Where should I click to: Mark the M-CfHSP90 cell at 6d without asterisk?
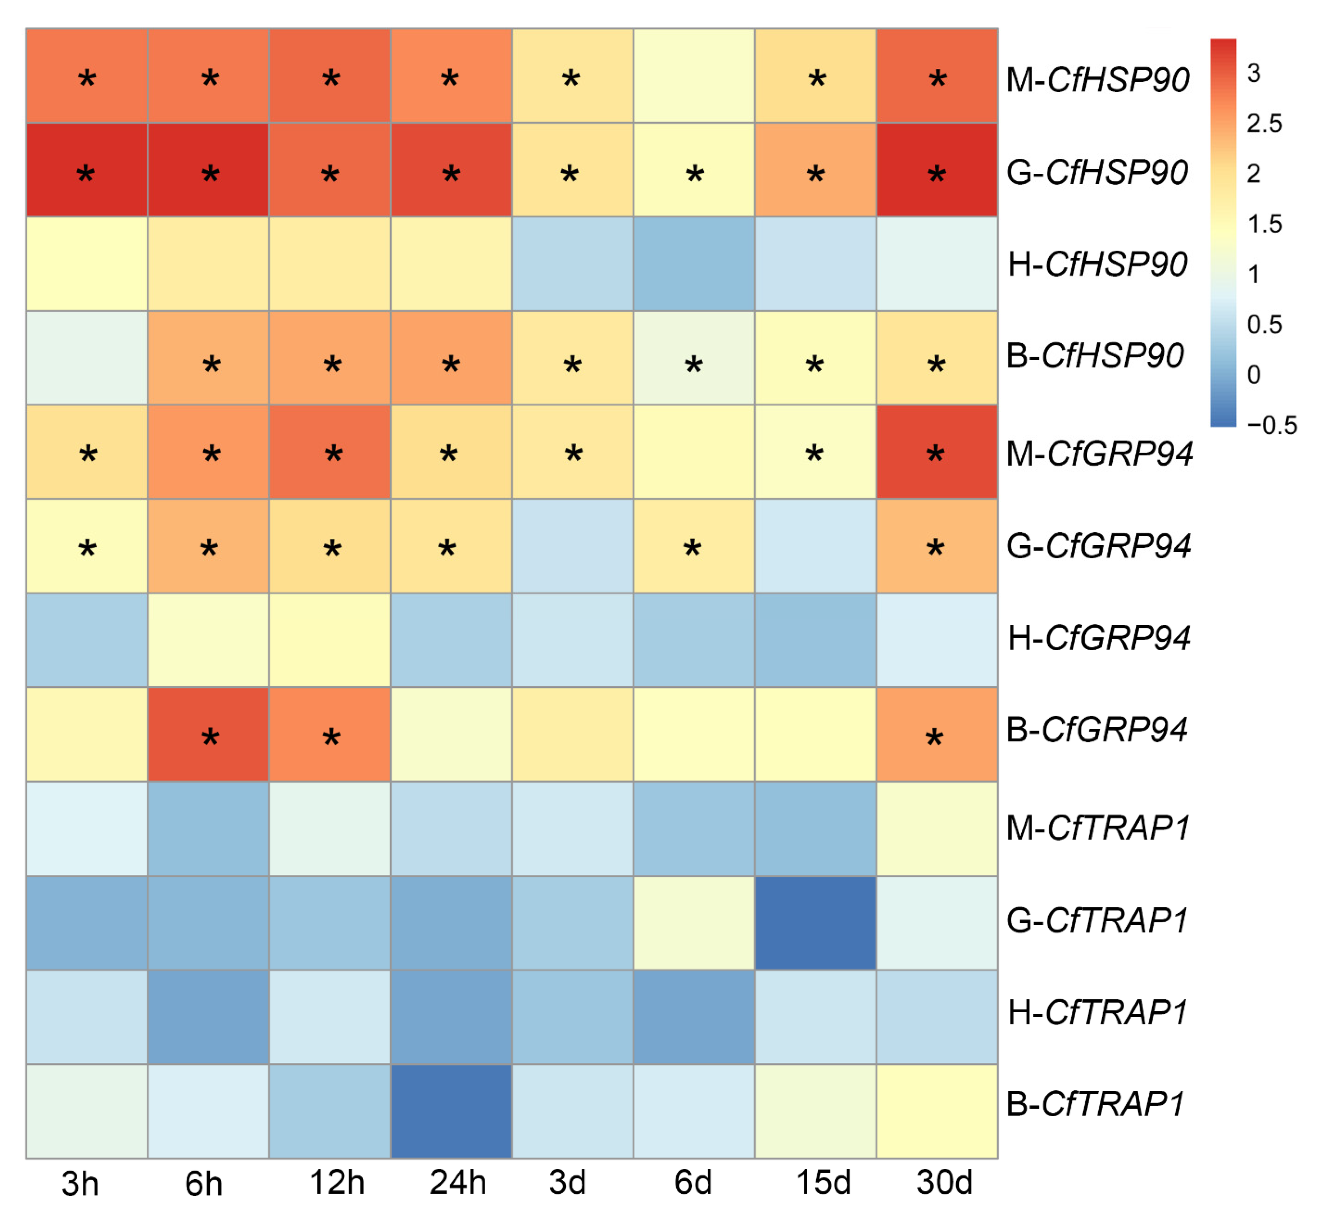tap(694, 75)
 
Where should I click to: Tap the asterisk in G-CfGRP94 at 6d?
tap(692, 548)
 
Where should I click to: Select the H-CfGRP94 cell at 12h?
tap(330, 640)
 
